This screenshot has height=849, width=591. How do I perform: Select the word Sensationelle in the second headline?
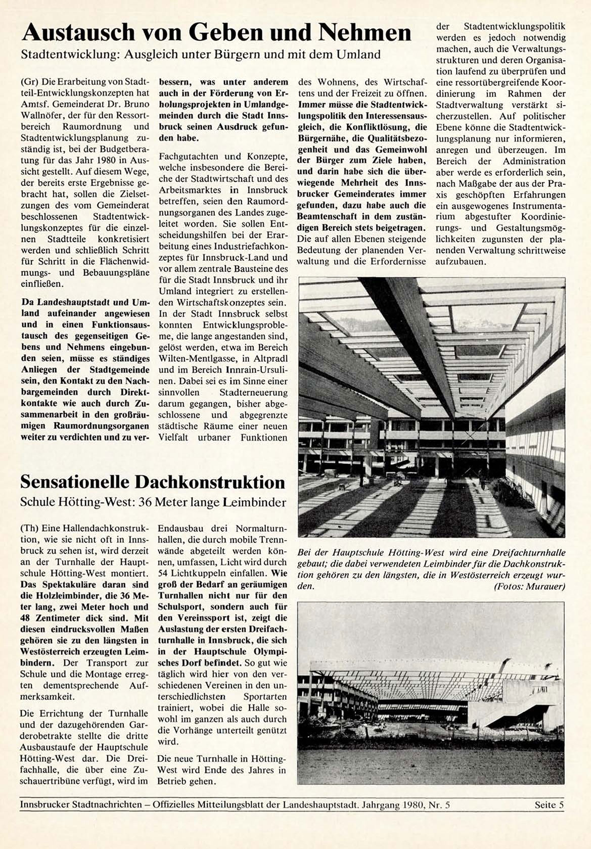[75, 482]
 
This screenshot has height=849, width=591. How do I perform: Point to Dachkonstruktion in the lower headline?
[210, 482]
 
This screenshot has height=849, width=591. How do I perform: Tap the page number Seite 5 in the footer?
[549, 805]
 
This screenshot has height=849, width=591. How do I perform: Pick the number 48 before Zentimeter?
[26, 618]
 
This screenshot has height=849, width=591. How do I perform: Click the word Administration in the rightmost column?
[534, 161]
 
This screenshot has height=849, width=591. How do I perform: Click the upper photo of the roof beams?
[431, 407]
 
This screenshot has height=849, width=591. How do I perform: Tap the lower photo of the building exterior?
[431, 692]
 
